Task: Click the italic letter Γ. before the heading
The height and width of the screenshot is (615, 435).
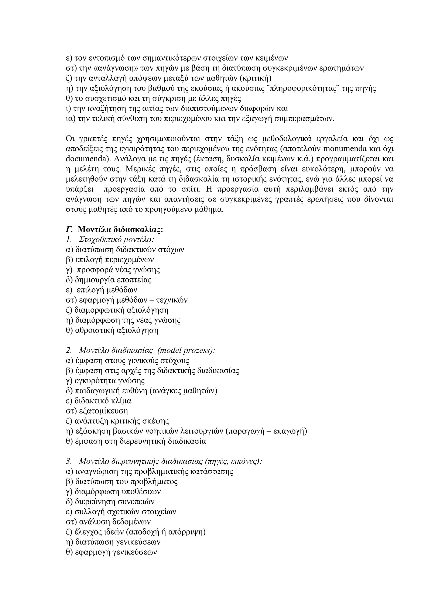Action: [x=69, y=230]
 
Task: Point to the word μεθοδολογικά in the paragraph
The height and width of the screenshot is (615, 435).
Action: [x=287, y=139]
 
